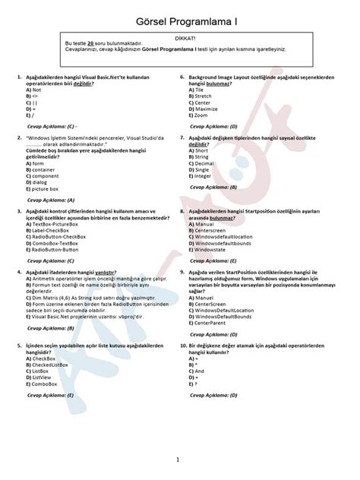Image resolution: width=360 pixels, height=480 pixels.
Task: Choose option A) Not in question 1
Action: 32,90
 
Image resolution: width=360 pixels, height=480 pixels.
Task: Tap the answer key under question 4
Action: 49,328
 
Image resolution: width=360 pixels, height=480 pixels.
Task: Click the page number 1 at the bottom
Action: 178,459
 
